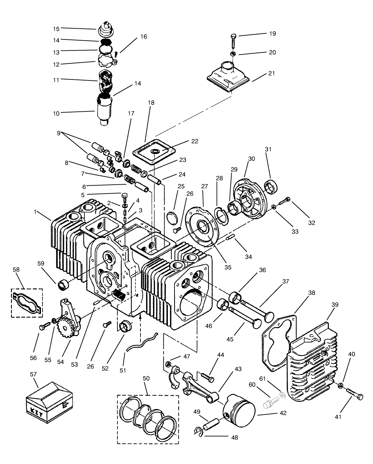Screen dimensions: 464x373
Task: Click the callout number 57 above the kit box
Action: [x=33, y=374]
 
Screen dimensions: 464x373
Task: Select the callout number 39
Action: [x=334, y=305]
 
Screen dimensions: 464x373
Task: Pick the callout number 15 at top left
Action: [x=56, y=29]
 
